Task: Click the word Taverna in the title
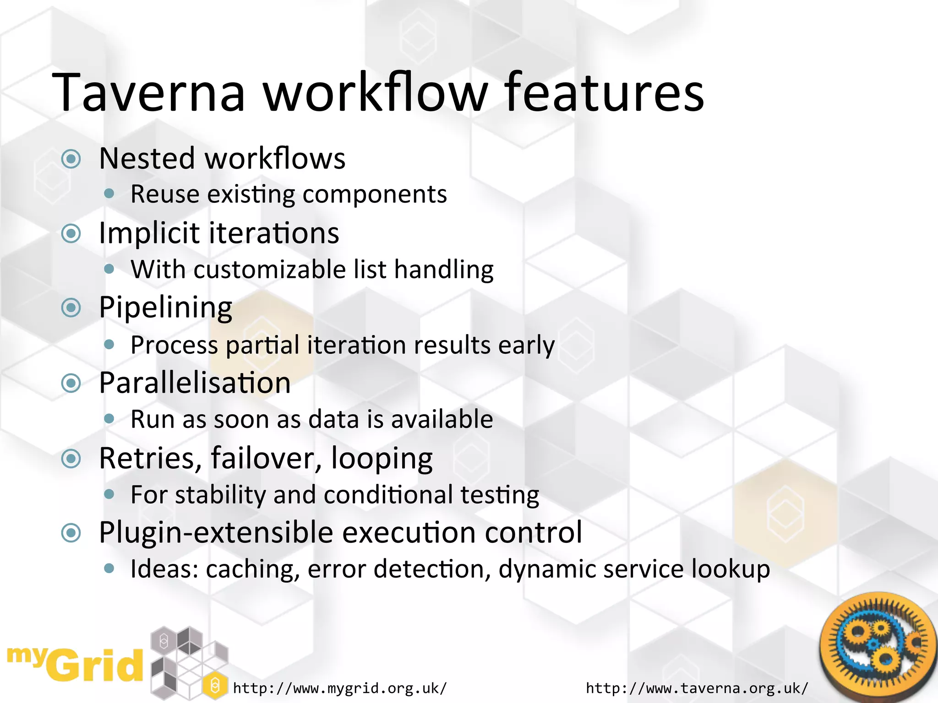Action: (x=149, y=92)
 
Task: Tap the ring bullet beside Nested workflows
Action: (x=71, y=159)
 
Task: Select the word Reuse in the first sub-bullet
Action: (x=165, y=195)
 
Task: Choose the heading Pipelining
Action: (x=166, y=308)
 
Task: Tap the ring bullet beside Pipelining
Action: (x=71, y=308)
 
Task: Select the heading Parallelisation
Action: (x=195, y=383)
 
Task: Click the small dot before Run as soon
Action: (x=109, y=418)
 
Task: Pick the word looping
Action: (x=381, y=458)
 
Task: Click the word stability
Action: (x=220, y=495)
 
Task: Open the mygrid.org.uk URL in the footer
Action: (x=340, y=688)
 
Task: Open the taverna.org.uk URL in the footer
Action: (x=697, y=688)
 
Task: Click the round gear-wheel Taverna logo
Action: (x=877, y=645)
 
